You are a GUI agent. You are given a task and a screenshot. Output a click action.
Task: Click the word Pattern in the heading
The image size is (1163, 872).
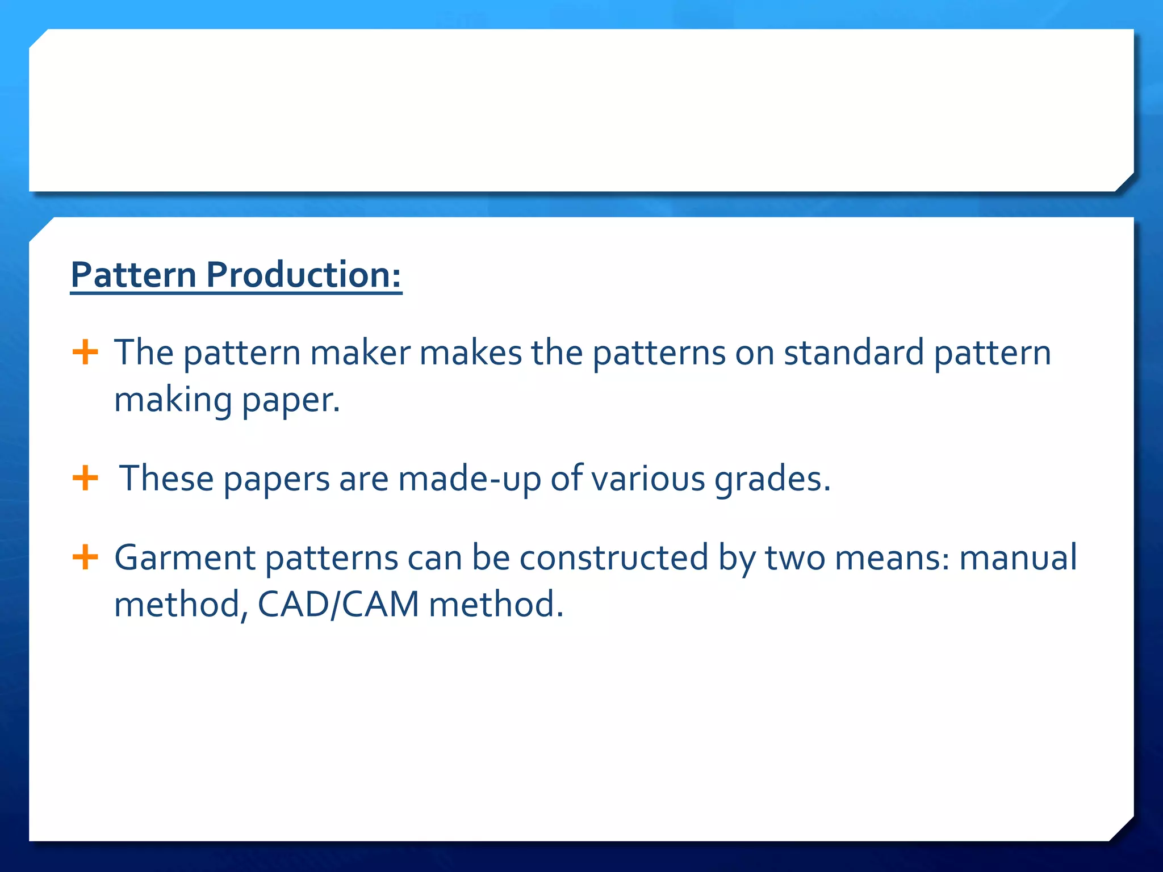133,275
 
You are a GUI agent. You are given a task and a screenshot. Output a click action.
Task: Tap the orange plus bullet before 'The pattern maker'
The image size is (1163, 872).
85,352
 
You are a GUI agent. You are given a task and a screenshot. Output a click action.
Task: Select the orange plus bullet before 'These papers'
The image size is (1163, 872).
85,477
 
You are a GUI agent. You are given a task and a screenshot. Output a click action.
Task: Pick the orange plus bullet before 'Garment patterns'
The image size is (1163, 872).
85,556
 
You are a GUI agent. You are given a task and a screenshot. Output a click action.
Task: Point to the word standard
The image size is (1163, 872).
854,353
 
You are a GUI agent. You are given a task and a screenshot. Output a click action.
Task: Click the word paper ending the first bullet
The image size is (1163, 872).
291,401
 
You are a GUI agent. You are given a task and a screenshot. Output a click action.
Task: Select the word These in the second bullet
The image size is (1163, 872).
166,478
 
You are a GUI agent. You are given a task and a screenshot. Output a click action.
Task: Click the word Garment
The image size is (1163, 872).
185,557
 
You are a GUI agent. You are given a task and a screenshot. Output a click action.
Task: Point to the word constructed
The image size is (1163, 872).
614,557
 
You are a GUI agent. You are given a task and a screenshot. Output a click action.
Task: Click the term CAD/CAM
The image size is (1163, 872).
338,604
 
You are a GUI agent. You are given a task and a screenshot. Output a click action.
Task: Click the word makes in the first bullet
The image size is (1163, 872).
470,353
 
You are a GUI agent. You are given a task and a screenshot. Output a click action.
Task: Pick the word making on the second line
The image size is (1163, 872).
173,401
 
